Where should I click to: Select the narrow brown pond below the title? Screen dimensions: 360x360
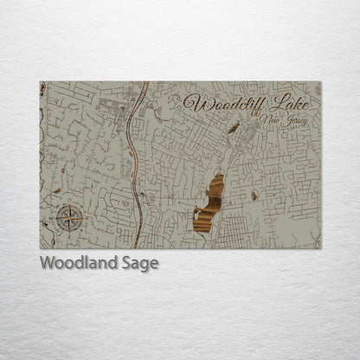click(233, 129)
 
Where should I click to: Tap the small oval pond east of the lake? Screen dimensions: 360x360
click(254, 196)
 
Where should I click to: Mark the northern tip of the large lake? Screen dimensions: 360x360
click(220, 174)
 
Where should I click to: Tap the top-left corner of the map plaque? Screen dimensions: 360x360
click(40, 82)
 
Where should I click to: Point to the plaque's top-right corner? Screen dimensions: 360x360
click(321, 82)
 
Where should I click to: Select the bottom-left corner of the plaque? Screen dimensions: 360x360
click(40, 248)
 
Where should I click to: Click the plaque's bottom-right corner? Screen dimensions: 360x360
click(321, 248)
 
